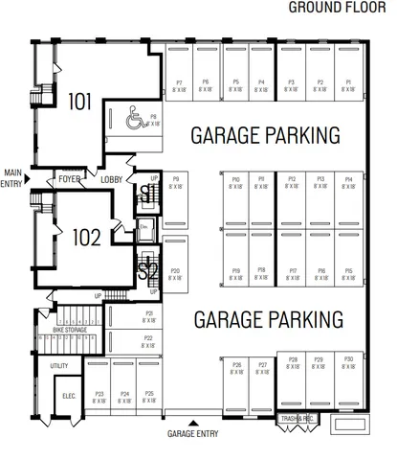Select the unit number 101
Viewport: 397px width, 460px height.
tap(80, 100)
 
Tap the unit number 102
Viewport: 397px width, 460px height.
tap(87, 237)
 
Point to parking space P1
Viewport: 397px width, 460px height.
tap(348, 85)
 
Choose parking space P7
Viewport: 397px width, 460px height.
tap(179, 85)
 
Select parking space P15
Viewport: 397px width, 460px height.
tap(348, 274)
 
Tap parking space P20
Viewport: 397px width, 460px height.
tap(175, 274)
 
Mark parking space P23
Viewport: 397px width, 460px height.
tap(99, 396)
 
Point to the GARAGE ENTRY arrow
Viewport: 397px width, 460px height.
tap(194, 423)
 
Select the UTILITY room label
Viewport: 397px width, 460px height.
tap(59, 365)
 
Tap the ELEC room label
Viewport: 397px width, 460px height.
tap(68, 395)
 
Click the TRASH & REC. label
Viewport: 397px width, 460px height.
tap(297, 419)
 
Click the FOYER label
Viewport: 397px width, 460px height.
tap(69, 178)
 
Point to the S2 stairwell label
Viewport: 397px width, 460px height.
tap(147, 270)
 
